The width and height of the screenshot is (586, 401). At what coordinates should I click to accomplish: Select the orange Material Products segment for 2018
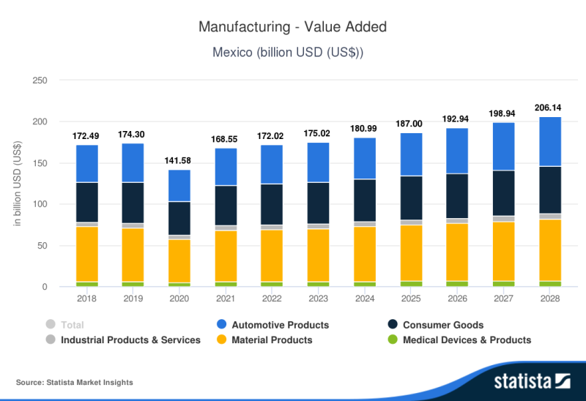click(87, 254)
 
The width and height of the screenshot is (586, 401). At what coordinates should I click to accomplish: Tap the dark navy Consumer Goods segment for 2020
click(179, 218)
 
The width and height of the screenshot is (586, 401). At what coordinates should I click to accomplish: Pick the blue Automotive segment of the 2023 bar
click(318, 162)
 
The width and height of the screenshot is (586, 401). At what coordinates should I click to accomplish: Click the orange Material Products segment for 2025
click(411, 252)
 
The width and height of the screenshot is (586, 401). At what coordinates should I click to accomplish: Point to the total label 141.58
click(179, 161)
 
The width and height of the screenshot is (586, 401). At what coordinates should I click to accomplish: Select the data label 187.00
click(411, 124)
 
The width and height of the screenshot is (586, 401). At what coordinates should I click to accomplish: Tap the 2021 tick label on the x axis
click(226, 299)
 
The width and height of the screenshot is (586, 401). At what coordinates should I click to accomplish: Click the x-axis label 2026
click(457, 299)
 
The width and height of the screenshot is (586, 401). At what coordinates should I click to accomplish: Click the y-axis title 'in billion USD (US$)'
click(17, 184)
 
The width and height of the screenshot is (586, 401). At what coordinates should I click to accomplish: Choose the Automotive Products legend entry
click(280, 325)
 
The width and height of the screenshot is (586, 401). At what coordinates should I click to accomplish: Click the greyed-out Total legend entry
click(72, 325)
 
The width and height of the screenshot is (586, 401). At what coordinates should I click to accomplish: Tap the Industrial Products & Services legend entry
click(130, 340)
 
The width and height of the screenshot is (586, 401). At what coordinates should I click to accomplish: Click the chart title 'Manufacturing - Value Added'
click(292, 27)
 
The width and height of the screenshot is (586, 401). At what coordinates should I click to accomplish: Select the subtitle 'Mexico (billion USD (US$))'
click(292, 52)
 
